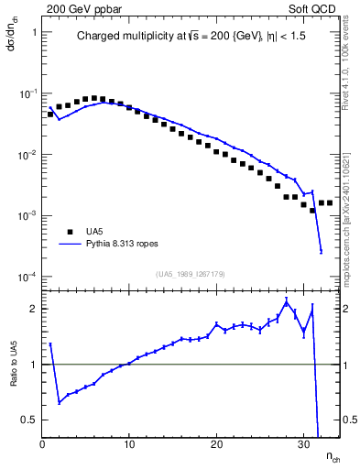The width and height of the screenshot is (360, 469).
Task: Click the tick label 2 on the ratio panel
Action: pos(33,309)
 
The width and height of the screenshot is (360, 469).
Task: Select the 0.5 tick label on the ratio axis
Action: pos(29,420)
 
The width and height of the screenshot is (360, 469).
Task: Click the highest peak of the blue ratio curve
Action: pos(286,300)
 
